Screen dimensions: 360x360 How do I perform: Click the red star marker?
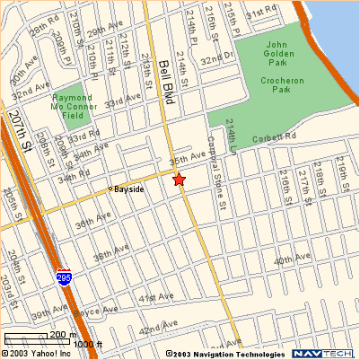pos(179,180)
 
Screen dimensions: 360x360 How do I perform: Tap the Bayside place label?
pos(128,189)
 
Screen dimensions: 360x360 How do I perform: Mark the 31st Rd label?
pos(261,14)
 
